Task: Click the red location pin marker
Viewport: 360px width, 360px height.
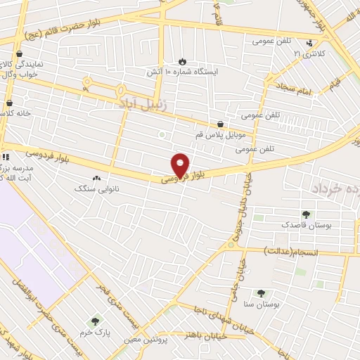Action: [181, 165]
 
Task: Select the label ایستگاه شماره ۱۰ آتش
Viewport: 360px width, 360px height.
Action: [182, 72]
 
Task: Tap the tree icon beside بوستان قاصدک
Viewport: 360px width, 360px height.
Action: [305, 214]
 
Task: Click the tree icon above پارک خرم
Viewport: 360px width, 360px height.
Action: [95, 321]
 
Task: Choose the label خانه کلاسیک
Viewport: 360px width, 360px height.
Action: [15, 112]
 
